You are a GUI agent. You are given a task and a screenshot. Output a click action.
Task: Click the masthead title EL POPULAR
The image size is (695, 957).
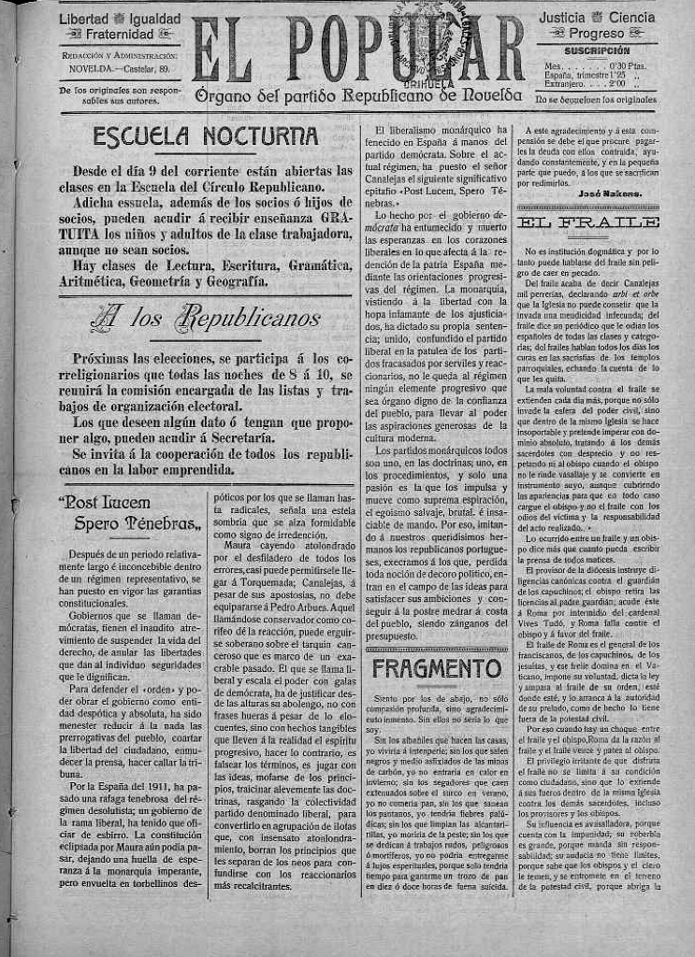(x=360, y=49)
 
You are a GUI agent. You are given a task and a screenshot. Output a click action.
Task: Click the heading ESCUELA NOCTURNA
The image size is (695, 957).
(x=206, y=136)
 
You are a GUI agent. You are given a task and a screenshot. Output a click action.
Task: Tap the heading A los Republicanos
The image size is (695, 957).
(x=206, y=319)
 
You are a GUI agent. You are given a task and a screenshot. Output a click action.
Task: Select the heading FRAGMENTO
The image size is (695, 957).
(x=437, y=668)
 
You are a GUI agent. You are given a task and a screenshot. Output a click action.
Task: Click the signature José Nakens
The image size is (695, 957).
(x=616, y=192)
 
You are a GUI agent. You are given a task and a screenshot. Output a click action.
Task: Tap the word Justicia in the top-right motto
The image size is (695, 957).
(x=565, y=18)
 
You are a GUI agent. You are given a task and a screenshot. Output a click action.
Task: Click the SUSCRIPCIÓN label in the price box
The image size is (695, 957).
(x=597, y=50)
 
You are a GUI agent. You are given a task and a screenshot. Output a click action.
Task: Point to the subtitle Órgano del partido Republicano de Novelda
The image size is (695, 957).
(x=359, y=95)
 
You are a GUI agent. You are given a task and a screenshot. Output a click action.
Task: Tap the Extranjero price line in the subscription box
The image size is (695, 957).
(x=585, y=83)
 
